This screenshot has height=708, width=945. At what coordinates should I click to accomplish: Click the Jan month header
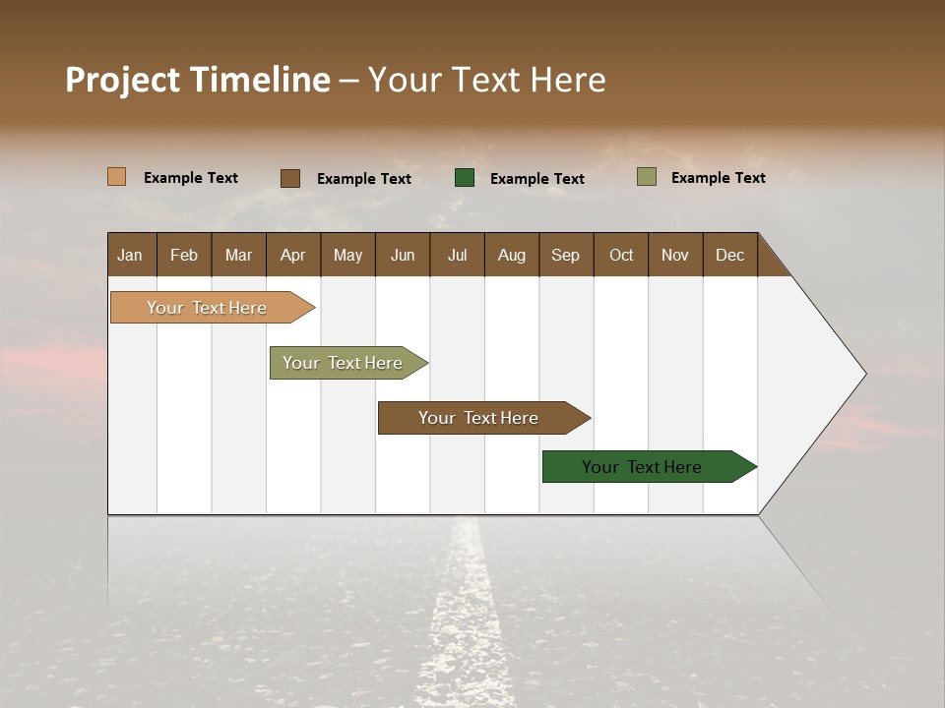pyautogui.click(x=131, y=255)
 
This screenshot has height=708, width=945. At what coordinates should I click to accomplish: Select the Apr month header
pyautogui.click(x=292, y=255)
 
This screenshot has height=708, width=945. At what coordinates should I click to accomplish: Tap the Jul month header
pyautogui.click(x=457, y=255)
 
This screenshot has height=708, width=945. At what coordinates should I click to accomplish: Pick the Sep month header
pyautogui.click(x=565, y=255)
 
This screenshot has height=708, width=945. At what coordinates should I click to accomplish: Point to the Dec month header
pyautogui.click(x=729, y=255)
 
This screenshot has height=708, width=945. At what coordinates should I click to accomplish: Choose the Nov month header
pyautogui.click(x=674, y=255)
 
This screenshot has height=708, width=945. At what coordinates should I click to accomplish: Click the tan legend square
pyautogui.click(x=117, y=177)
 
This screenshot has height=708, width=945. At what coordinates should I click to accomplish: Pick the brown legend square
pyautogui.click(x=290, y=178)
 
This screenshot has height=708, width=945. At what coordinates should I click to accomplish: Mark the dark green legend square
pyautogui.click(x=465, y=178)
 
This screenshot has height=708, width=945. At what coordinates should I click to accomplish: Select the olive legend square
pyautogui.click(x=647, y=177)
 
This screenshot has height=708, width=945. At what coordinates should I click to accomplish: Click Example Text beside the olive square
pyautogui.click(x=718, y=178)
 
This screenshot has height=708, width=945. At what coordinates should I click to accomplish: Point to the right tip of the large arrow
pyautogui.click(x=863, y=374)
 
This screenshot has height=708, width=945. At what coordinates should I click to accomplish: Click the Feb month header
pyautogui.click(x=184, y=255)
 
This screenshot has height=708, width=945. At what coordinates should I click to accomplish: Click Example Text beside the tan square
pyautogui.click(x=191, y=178)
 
